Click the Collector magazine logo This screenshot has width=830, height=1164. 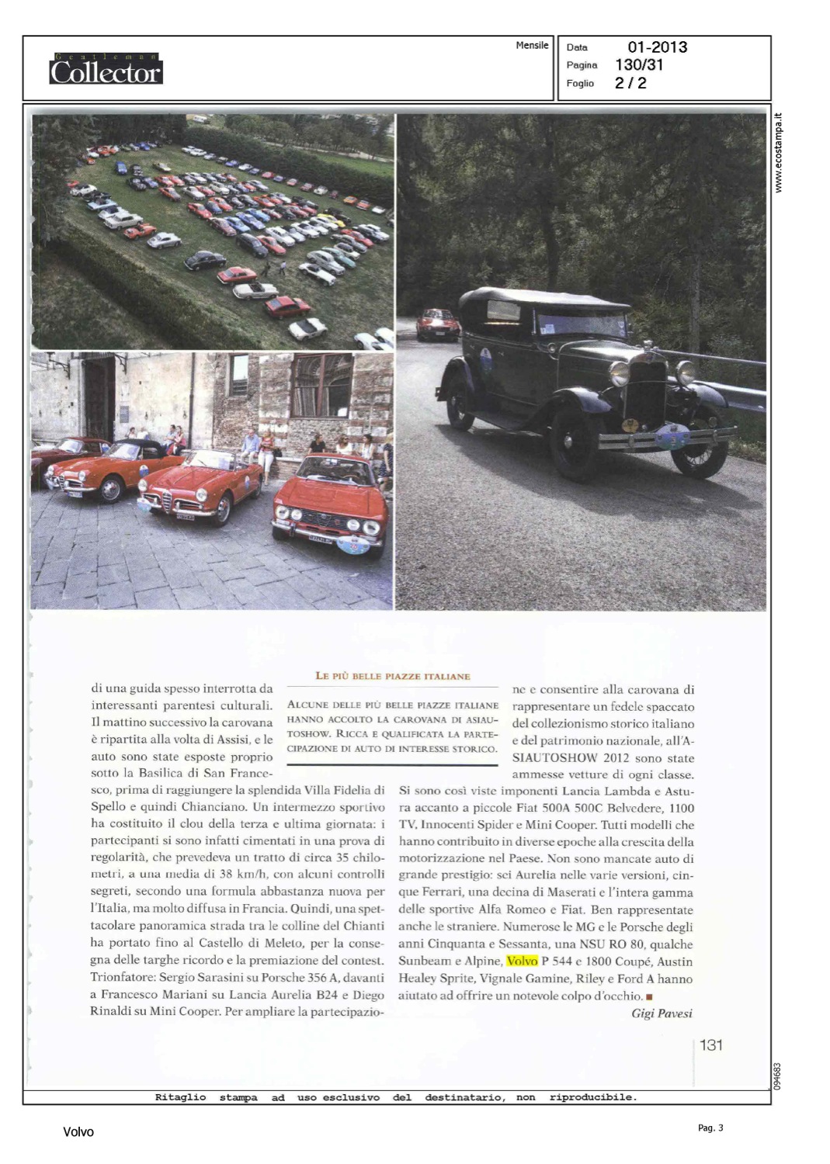pos(106,70)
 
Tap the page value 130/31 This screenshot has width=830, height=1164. pos(639,65)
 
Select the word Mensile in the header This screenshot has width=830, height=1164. pos(532,46)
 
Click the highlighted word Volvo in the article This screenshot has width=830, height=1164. pos(522,961)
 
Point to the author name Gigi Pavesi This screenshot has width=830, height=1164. pos(662,1013)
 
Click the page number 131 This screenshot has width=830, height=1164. pos(711,1045)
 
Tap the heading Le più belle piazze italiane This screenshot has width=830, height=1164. pos(393,676)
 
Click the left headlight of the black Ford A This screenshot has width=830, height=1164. pos(619,373)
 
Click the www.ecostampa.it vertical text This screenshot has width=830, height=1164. pos(779,153)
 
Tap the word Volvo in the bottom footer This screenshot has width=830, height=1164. pos(78,1132)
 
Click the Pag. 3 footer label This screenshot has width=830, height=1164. pos(710,1128)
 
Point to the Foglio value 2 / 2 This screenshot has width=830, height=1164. pos(630,83)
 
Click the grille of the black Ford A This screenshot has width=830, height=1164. pos(647,392)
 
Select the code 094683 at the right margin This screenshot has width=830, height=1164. pos(776,1076)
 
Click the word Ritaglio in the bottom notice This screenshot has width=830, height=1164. pos(181,1097)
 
